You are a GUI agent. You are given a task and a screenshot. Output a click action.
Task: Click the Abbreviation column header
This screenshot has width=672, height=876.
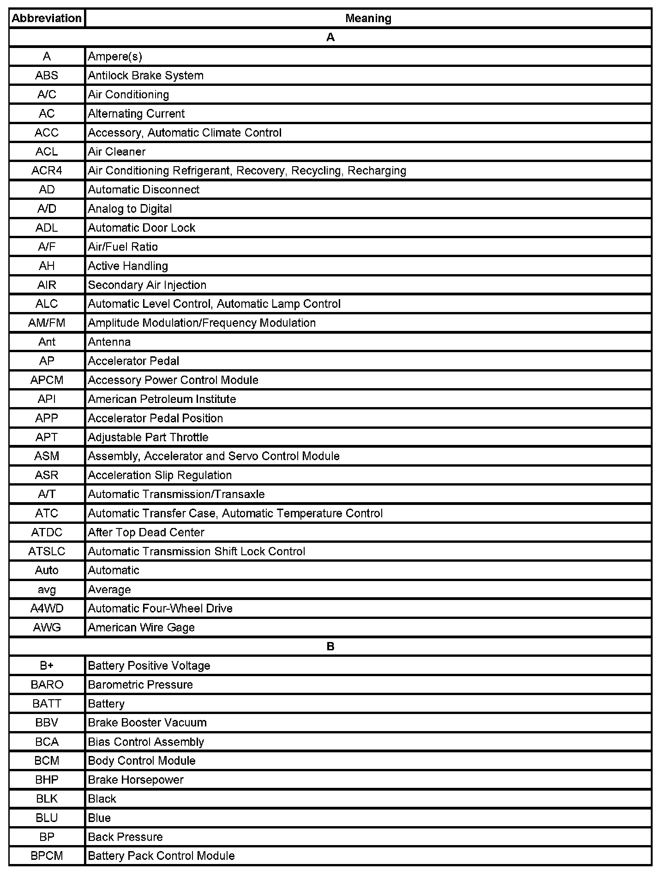point(47,18)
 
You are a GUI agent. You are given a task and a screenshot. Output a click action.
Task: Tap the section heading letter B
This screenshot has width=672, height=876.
point(330,647)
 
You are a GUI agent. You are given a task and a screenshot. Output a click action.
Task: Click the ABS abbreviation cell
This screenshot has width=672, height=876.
point(47,76)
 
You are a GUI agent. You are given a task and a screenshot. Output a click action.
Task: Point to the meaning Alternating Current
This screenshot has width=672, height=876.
point(136,114)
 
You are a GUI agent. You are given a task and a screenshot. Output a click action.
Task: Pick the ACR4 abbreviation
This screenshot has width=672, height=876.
point(47,171)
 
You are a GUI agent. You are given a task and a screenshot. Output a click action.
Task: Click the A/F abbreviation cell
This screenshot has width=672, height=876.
point(47,247)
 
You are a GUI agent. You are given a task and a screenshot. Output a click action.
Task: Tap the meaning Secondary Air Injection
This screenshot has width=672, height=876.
point(147,285)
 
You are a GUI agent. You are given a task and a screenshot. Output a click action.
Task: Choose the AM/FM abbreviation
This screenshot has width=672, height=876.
point(47,323)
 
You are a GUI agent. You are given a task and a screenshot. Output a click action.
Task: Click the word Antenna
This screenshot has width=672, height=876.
point(109,342)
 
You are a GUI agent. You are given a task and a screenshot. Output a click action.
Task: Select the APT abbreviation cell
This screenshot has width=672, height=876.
point(47,437)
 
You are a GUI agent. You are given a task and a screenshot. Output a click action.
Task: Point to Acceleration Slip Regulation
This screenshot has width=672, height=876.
point(160,475)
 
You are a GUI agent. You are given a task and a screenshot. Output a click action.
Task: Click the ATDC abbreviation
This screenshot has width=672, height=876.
point(47,533)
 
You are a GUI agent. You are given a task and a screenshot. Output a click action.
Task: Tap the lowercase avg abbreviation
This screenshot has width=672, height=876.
point(47,590)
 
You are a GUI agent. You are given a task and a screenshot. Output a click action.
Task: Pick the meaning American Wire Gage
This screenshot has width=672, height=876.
point(141,628)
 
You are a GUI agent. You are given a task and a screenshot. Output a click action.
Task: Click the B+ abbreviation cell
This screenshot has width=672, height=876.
point(47,666)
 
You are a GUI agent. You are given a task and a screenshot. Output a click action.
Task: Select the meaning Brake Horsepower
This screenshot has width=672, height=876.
point(136,780)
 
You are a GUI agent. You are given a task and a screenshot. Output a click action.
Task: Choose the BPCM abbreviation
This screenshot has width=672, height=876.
point(47,856)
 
